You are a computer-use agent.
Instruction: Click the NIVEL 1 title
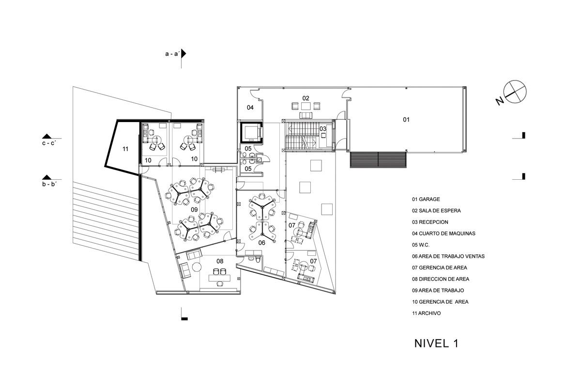[437, 344]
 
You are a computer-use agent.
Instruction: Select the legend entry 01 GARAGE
[426, 199]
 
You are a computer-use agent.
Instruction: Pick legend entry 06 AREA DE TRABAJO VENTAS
[448, 256]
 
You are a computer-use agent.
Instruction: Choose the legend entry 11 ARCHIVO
[426, 313]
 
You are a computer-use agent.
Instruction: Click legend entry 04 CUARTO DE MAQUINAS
[443, 234]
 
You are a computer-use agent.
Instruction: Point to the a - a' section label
[172, 54]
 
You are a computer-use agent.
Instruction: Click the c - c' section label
[49, 143]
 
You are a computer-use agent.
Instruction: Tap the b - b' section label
[49, 184]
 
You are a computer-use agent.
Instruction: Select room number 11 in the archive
[125, 149]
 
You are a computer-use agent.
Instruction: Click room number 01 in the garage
[406, 120]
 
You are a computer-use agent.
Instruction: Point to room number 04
[250, 108]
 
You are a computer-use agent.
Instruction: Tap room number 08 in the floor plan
[220, 261]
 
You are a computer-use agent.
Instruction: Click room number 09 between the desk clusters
[194, 209]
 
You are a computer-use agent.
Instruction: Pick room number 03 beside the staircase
[322, 129]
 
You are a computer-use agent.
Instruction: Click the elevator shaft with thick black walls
[251, 132]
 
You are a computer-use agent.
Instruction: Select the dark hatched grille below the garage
[378, 160]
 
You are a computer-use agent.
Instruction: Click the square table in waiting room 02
[306, 106]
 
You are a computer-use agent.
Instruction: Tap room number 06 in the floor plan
[262, 243]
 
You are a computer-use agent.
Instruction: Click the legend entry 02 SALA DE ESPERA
[436, 211]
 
